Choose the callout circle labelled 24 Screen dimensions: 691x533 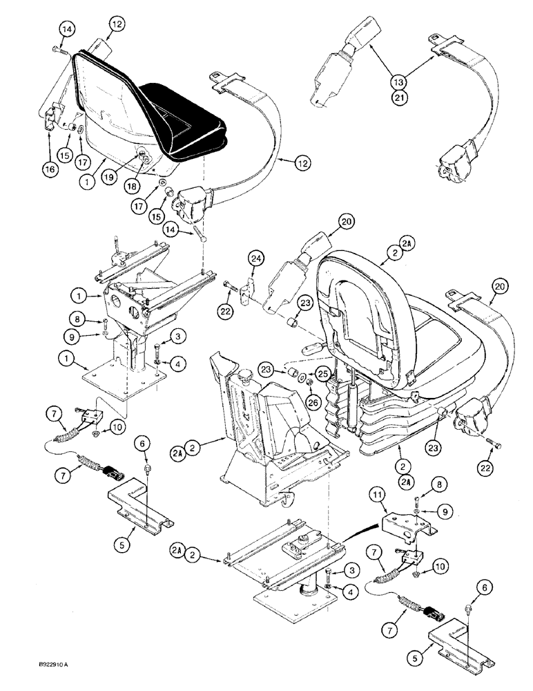click(x=255, y=258)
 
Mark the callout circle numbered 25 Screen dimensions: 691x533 click(x=320, y=373)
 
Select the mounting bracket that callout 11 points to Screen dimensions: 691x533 click(x=408, y=525)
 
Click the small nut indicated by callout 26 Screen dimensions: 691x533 click(x=307, y=382)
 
